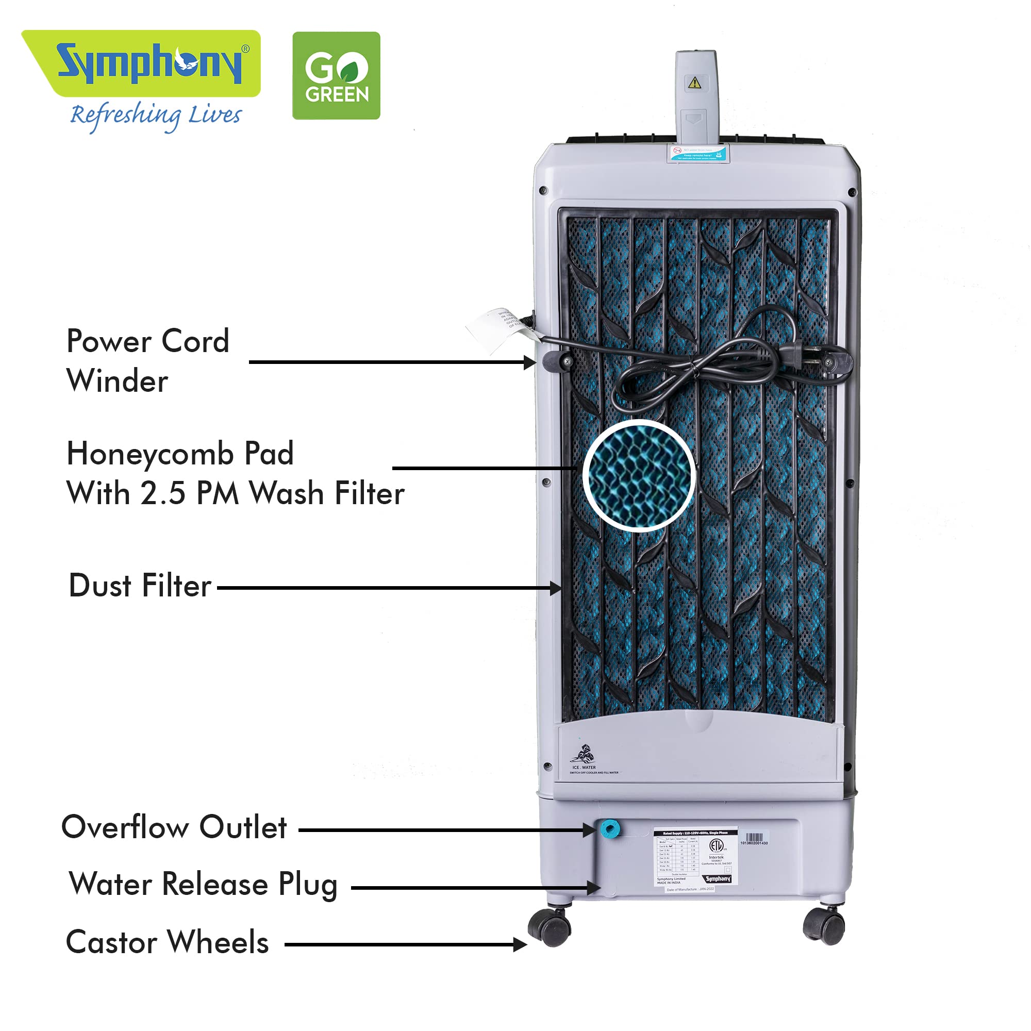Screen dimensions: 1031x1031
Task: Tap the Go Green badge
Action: click(336, 75)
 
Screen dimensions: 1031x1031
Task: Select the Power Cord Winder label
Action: click(147, 361)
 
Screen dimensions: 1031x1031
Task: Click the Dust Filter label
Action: click(140, 586)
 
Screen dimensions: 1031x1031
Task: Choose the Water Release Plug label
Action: click(203, 884)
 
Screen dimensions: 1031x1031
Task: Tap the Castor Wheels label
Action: click(167, 942)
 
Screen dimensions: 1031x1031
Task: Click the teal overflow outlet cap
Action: click(609, 829)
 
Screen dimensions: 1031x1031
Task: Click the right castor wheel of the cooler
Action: click(825, 926)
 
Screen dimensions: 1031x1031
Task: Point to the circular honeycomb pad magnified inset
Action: click(639, 475)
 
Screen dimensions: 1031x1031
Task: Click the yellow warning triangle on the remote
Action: click(694, 82)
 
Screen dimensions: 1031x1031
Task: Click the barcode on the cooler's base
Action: click(754, 837)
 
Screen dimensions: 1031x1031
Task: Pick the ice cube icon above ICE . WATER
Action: click(583, 754)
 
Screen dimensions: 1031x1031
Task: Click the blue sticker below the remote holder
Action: click(698, 154)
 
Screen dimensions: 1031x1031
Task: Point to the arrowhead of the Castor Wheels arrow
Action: click(521, 944)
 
